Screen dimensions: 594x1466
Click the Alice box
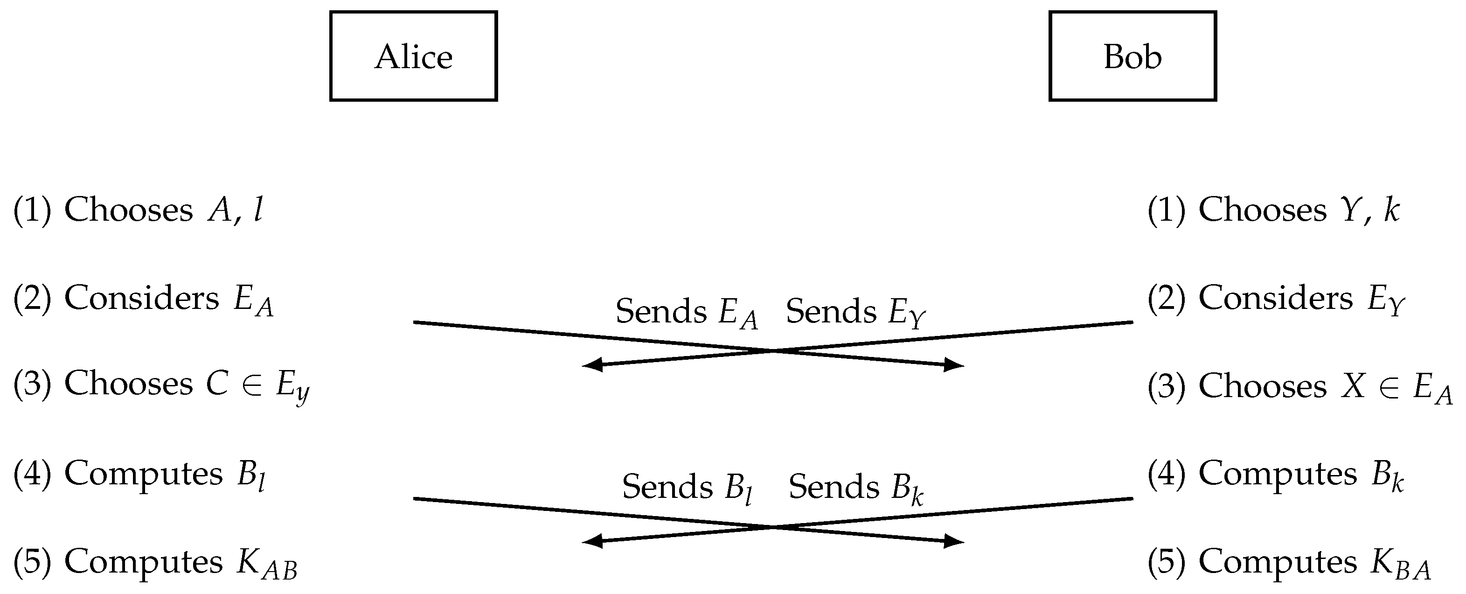tap(413, 56)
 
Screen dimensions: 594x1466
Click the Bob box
tap(1132, 56)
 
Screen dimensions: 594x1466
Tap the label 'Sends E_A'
tap(686, 313)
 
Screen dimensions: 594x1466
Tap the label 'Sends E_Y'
tap(855, 313)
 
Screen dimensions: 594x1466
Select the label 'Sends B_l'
tap(688, 488)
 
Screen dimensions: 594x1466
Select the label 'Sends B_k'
tap(855, 488)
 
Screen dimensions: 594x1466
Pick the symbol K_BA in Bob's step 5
tap(1400, 564)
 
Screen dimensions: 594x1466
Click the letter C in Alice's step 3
tap(217, 383)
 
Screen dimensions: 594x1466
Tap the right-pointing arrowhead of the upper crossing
tap(955, 364)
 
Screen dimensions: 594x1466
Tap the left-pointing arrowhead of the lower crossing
tap(592, 541)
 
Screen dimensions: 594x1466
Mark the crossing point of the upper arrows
tap(773, 351)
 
